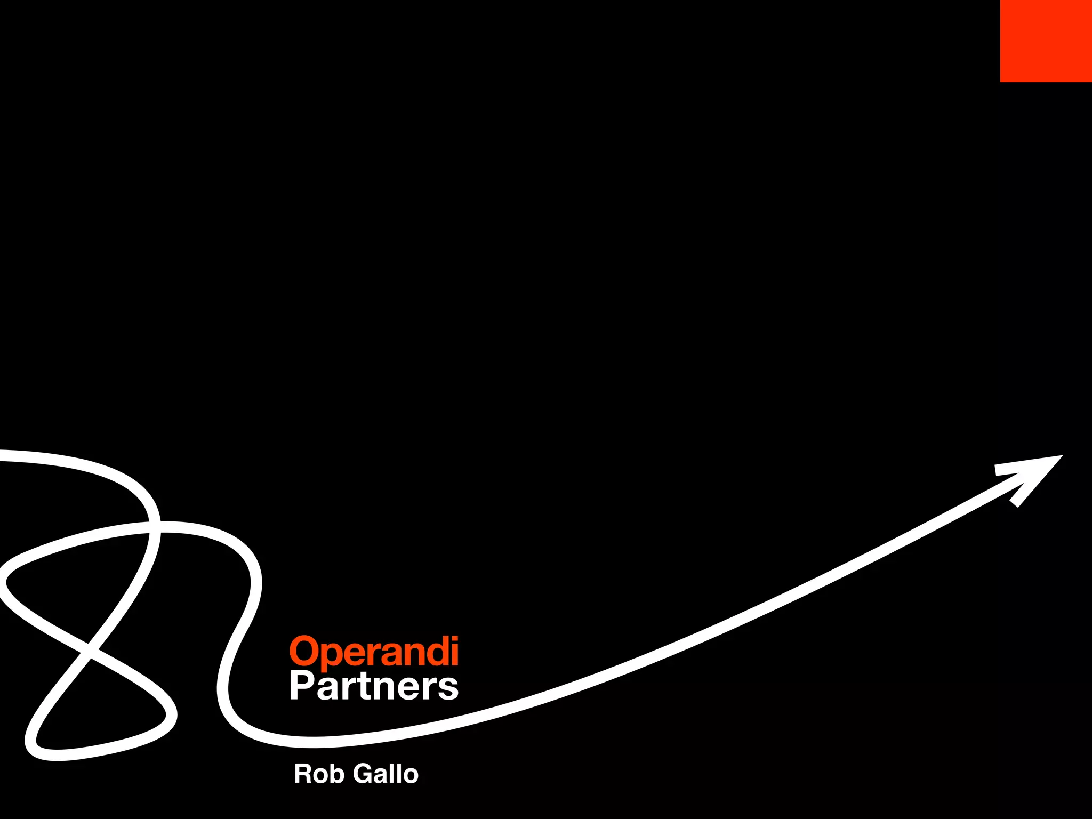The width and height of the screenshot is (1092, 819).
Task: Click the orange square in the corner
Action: coord(1046,41)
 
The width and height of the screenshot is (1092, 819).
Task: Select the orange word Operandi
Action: coord(374,652)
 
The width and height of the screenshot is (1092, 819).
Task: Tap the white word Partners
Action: coord(374,686)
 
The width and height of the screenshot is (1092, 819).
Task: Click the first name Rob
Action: coord(318,774)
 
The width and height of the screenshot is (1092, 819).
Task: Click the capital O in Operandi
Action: coord(303,651)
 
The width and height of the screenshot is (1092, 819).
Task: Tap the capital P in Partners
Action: coord(301,686)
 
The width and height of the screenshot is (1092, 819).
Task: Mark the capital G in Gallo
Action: coord(364,774)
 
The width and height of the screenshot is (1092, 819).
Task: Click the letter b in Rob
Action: coord(337,774)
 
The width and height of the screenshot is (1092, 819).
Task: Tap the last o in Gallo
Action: coord(409,776)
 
